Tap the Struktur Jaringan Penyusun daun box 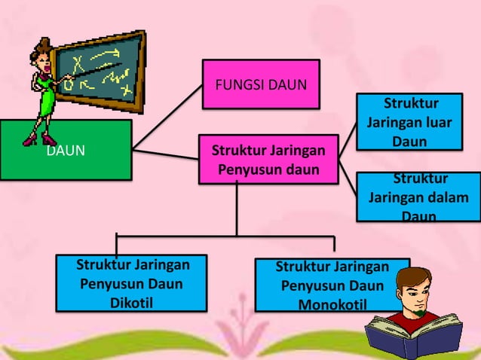pos(268,158)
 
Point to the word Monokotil pos(332,305)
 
